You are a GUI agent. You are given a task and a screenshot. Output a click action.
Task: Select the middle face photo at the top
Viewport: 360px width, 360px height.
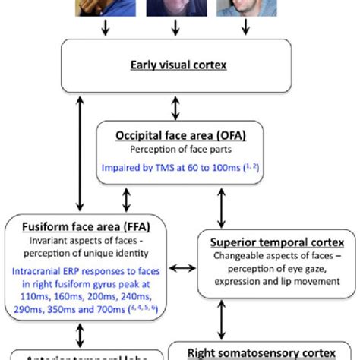pos(175,8)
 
